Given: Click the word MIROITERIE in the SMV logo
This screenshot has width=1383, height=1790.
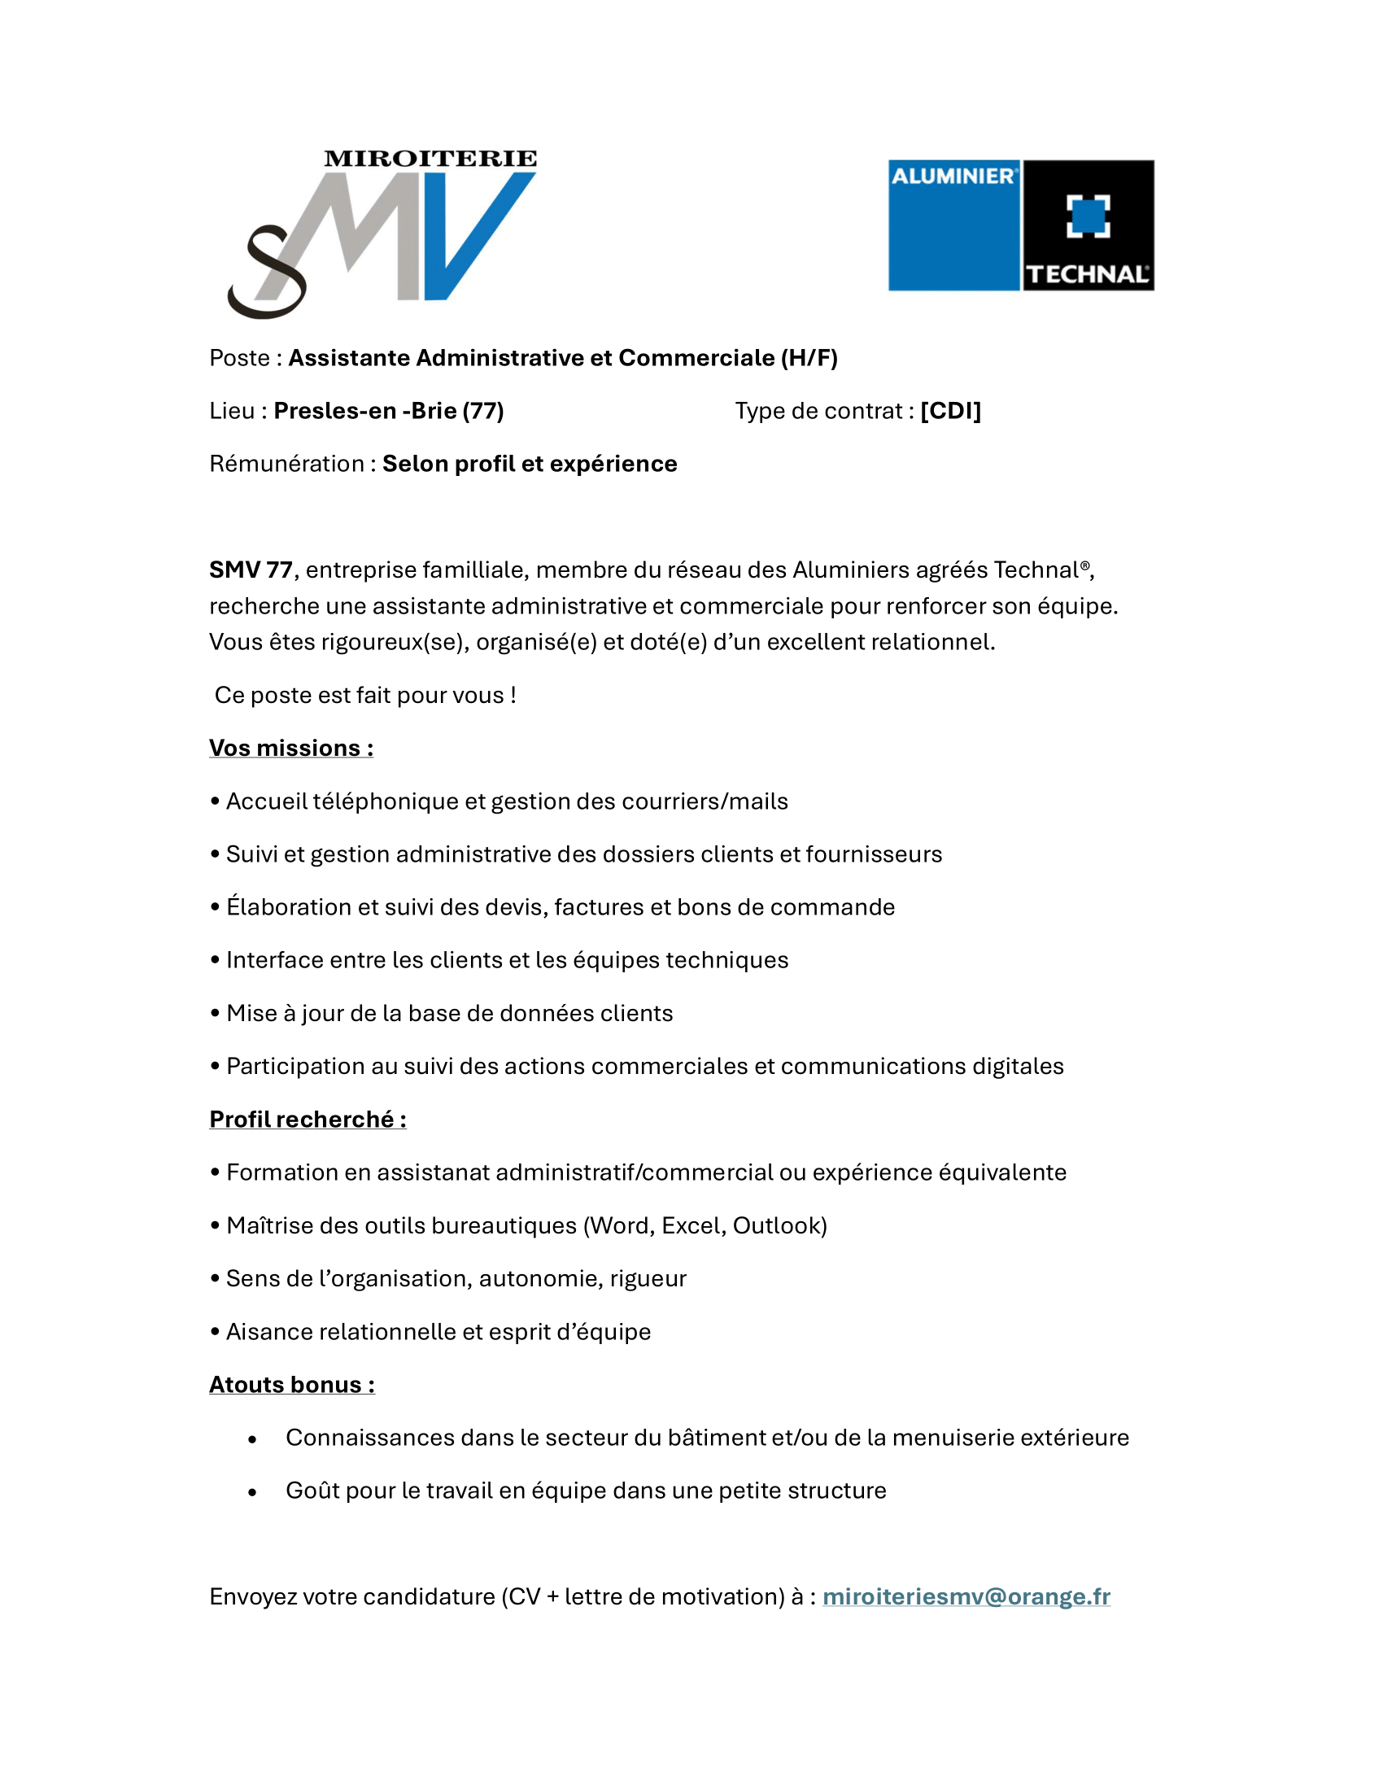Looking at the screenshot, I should tap(430, 159).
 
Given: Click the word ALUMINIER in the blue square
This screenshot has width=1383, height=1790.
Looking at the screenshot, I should tap(953, 177).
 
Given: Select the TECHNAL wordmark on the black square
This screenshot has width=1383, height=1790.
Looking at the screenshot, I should tap(1087, 273).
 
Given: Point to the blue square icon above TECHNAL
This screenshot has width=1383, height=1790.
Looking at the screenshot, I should tap(1088, 216).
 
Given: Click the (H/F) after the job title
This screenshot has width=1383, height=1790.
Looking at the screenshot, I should tap(809, 358).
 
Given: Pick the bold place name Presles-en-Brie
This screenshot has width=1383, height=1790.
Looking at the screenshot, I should tap(364, 411).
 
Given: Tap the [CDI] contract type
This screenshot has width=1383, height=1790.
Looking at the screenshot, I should tap(950, 411).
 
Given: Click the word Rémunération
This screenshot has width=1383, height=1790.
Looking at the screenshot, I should tap(286, 464).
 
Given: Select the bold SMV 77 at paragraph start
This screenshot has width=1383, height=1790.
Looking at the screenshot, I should tap(251, 570).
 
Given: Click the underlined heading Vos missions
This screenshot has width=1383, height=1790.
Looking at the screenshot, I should tap(290, 749).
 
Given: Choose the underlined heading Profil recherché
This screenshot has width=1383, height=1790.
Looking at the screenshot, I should tap(308, 1120).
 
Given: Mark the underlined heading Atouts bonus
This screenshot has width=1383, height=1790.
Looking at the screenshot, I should tap(292, 1385).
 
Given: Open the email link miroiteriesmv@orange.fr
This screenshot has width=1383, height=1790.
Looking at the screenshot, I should tap(966, 1596).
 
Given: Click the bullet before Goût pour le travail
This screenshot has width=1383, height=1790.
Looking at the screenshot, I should tap(252, 1492).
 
